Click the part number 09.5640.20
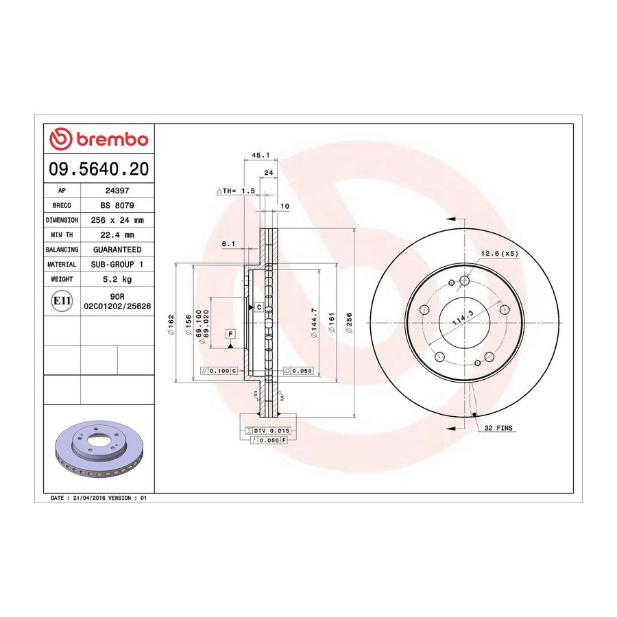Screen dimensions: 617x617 pos(99,169)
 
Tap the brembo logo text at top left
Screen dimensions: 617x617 pos(112,140)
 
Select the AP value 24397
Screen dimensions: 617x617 pos(117,191)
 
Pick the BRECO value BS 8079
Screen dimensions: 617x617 pos(117,206)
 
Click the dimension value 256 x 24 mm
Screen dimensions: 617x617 pos(117,220)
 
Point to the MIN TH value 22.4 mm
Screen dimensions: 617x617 pos(117,235)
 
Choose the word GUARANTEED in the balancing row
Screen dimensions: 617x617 pos(117,250)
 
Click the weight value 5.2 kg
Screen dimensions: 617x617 pos(117,280)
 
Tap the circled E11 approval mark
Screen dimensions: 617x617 pos(62,301)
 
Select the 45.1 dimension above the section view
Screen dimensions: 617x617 pos(261,155)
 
